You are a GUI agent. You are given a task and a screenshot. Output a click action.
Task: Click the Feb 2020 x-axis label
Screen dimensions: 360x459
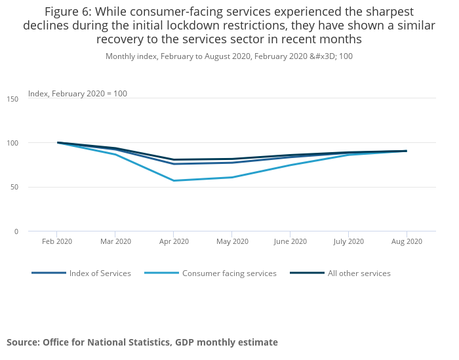[x=56, y=241]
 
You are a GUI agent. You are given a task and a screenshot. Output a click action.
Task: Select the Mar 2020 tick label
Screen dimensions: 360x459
[x=115, y=241]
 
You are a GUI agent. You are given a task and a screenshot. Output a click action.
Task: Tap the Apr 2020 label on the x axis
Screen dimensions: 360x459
[x=173, y=241]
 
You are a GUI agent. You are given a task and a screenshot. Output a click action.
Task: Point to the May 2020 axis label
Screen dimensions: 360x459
[x=231, y=241]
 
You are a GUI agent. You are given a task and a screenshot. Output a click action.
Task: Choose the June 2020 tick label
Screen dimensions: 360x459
[x=290, y=241]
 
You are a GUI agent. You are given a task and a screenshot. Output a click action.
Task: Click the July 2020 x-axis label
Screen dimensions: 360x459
[x=348, y=241]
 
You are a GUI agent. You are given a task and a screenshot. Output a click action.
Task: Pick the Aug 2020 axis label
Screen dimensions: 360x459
[x=407, y=241]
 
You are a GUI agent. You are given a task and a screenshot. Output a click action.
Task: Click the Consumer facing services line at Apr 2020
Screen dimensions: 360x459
[x=173, y=180]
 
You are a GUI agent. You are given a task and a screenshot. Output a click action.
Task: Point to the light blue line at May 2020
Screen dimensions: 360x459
[x=231, y=177]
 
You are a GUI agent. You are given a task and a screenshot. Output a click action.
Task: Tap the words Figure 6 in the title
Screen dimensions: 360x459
[x=67, y=11]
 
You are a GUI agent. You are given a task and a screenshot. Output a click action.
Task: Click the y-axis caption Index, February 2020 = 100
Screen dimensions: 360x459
[x=77, y=94]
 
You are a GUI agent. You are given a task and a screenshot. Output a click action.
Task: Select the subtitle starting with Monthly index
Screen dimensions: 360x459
[x=229, y=56]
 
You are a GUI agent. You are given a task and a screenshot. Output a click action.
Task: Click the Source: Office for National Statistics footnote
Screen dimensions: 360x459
[x=142, y=342]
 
